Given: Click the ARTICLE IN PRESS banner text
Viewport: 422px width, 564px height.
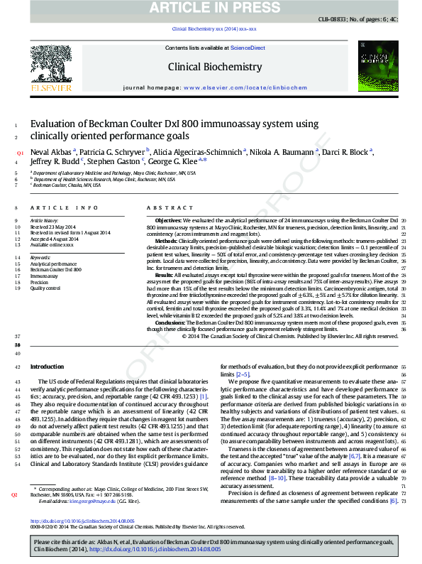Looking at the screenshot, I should point(211,8).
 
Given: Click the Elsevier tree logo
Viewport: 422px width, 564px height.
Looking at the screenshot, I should point(50,70).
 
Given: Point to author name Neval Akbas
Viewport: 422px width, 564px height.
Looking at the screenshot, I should point(50,152).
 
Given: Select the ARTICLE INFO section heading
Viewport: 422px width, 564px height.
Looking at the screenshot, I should point(63,208).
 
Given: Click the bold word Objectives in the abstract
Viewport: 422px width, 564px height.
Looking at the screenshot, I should point(168,221).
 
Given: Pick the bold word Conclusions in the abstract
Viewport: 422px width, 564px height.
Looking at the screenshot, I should point(171,322).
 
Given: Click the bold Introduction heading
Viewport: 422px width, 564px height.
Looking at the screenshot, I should point(47,367).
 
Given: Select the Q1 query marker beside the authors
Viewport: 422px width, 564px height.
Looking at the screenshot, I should point(20,153).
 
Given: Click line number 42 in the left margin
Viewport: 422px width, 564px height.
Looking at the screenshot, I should point(17,367).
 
